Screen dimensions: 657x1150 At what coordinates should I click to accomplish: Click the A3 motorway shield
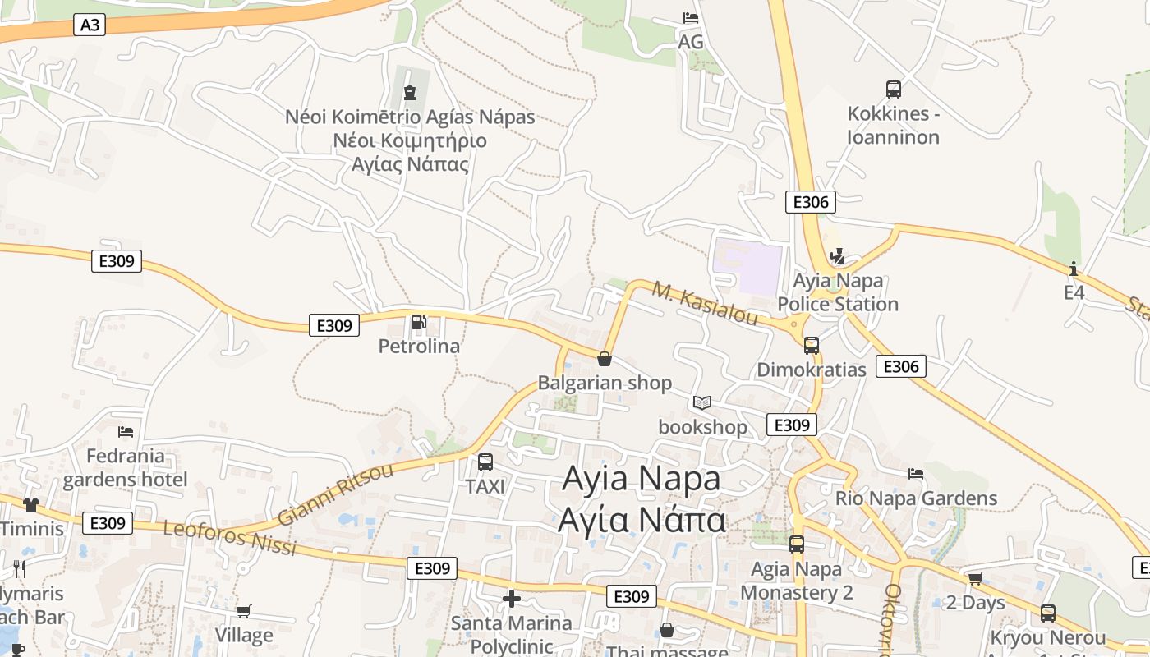[x=90, y=25]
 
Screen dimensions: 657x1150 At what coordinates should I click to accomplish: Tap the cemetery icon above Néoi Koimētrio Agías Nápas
[x=410, y=93]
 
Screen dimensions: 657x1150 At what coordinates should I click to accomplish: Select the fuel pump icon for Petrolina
[x=419, y=322]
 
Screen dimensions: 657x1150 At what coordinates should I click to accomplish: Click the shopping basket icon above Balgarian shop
[x=605, y=359]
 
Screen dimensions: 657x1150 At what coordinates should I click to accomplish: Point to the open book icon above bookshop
[x=701, y=402]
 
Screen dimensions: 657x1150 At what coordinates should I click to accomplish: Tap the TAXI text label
[x=485, y=487]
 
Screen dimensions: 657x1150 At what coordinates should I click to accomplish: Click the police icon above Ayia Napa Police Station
[x=837, y=257]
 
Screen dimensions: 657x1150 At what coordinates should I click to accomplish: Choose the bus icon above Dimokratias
[x=812, y=346]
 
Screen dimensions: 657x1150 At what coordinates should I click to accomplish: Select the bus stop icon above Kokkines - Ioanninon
[x=893, y=90]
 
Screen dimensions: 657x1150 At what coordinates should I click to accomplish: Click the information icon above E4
[x=1074, y=269]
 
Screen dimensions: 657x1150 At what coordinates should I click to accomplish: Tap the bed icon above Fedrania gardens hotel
[x=126, y=431]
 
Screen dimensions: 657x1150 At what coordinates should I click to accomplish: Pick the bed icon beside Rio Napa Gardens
[x=916, y=474]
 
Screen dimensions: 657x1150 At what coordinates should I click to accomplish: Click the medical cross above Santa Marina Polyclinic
[x=512, y=599]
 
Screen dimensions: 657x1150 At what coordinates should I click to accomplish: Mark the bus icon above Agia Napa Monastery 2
[x=797, y=544]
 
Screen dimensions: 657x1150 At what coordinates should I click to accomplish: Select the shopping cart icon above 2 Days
[x=975, y=579]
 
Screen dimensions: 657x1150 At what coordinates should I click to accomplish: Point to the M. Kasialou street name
[x=705, y=303]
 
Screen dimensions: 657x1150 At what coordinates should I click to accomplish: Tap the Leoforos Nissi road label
[x=230, y=538]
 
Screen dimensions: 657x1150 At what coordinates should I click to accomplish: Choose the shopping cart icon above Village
[x=243, y=611]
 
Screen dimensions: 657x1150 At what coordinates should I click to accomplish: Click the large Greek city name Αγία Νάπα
[x=642, y=520]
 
